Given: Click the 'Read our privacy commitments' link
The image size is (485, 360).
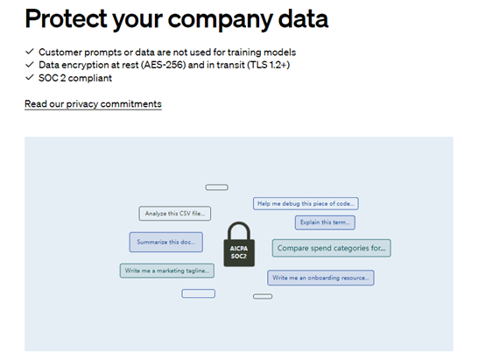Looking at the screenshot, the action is tap(93, 104).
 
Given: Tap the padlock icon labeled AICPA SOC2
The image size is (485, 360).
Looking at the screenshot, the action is tap(239, 244).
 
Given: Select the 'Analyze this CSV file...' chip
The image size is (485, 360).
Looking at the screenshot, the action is tap(175, 214).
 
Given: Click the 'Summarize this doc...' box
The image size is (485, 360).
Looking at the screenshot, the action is tap(166, 242).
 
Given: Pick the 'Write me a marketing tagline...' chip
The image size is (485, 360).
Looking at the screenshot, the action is tap(167, 271).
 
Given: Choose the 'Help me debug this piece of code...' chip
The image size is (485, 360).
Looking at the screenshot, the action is tap(306, 204).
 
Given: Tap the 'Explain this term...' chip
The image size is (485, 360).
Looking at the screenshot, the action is tap(325, 222).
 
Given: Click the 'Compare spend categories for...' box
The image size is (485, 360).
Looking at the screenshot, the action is tap(331, 248).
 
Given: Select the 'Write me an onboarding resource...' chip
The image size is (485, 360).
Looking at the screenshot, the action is tap(320, 278).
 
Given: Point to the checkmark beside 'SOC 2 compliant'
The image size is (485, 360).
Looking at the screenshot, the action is tap(30, 77).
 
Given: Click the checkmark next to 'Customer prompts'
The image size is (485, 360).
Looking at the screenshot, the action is tap(30, 52).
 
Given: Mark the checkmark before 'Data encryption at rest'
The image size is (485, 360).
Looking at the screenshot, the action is tap(30, 65).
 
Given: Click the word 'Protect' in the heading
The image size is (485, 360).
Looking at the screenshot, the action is tap(66, 18).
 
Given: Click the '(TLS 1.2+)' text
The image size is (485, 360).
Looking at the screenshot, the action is tap(269, 65).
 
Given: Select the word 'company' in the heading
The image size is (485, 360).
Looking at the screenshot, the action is tap(220, 20).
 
